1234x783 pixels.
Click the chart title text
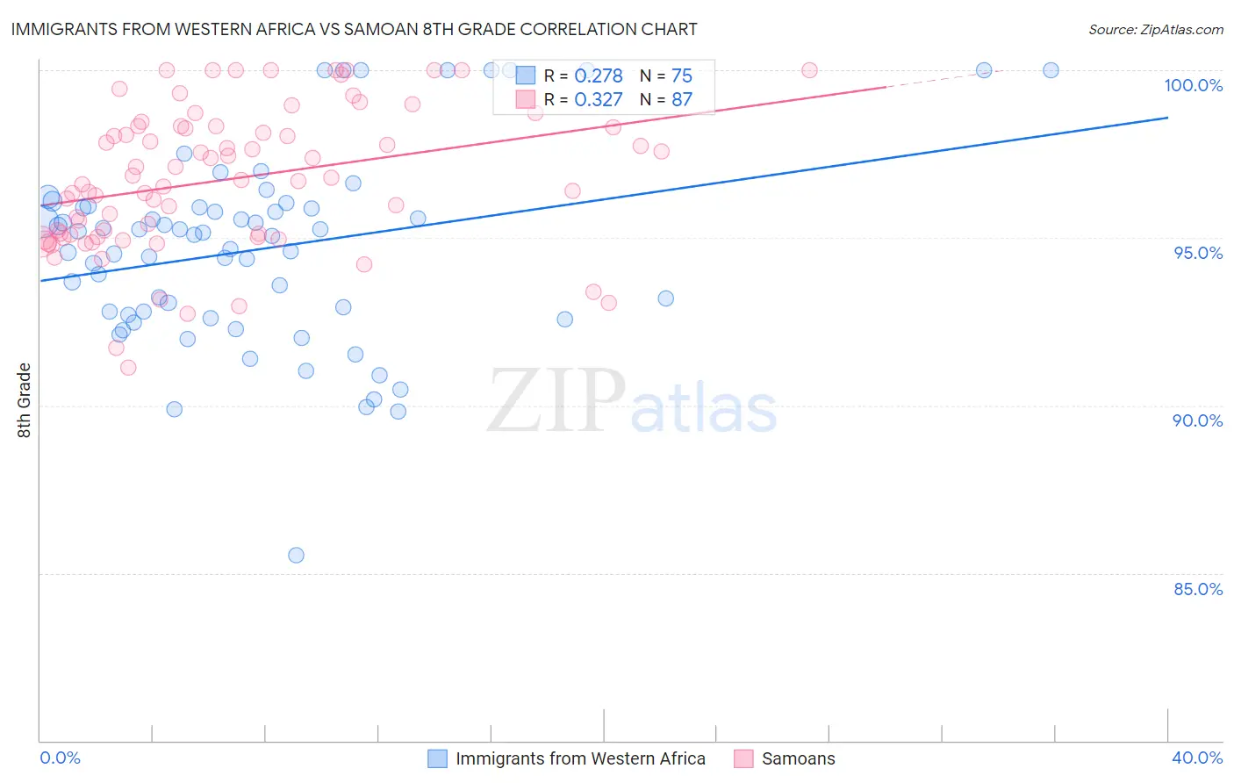(354, 29)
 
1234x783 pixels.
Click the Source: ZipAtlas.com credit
(1155, 30)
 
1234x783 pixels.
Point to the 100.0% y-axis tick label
(1193, 85)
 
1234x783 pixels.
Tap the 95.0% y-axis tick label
(1197, 253)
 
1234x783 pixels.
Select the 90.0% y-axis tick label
(1197, 420)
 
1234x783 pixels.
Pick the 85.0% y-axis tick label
(1197, 589)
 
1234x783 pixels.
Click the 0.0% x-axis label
(60, 758)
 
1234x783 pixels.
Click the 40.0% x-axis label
(1196, 758)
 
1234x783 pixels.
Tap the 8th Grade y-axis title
(24, 400)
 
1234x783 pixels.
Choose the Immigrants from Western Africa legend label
(580, 758)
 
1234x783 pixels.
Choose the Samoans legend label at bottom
(798, 758)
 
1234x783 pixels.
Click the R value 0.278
(598, 75)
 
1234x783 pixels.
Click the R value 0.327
(598, 99)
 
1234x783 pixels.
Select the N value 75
(682, 75)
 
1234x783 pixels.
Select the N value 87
(682, 99)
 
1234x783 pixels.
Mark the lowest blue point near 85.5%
(296, 555)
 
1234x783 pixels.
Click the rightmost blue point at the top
(1051, 70)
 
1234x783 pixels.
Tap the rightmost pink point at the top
(809, 70)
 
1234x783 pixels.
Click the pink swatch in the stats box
(525, 99)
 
